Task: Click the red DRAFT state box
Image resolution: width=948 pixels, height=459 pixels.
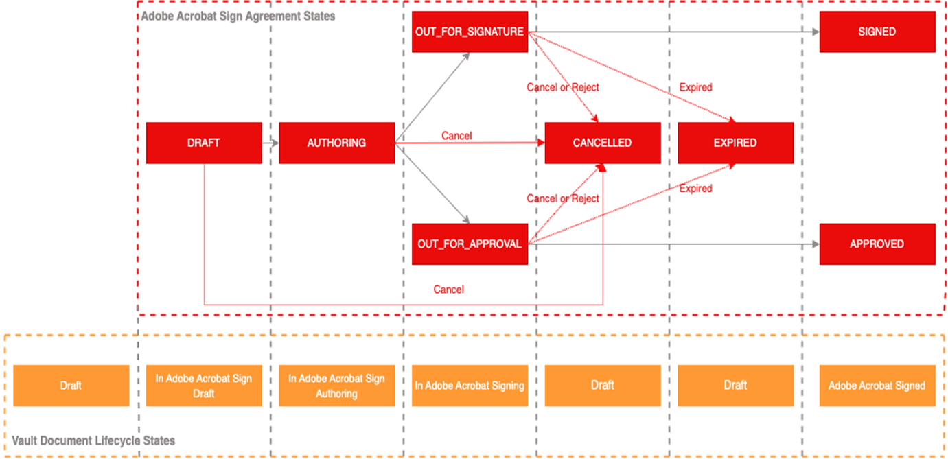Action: click(204, 143)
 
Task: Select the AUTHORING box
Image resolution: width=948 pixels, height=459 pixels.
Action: click(336, 143)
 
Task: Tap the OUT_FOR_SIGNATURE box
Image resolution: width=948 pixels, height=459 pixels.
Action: click(470, 32)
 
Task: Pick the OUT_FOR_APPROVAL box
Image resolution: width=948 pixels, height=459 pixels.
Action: click(470, 244)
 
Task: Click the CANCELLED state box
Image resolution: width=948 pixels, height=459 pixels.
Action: click(602, 143)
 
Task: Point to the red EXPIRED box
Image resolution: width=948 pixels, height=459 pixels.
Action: click(735, 143)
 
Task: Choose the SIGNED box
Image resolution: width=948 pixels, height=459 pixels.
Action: click(877, 32)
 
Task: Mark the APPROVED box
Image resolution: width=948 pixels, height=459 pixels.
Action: click(877, 244)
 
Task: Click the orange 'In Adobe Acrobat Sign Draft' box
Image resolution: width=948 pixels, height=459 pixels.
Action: click(204, 386)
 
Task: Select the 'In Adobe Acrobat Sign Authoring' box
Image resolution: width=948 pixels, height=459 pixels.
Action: click(336, 386)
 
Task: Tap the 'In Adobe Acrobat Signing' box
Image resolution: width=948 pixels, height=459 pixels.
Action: click(470, 386)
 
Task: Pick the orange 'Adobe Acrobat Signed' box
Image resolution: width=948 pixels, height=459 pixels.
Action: click(877, 386)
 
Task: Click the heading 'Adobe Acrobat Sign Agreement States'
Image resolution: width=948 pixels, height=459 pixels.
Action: click(238, 15)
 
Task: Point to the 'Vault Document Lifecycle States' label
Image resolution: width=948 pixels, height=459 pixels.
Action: click(94, 440)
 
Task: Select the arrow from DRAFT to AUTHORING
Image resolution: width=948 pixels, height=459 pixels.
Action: click(270, 143)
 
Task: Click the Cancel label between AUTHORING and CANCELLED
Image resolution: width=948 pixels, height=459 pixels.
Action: click(456, 136)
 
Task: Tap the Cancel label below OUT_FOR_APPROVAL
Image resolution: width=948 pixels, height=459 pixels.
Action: click(448, 290)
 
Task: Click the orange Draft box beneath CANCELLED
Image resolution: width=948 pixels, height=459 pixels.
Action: click(602, 386)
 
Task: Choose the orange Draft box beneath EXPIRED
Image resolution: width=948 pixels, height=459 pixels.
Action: click(735, 386)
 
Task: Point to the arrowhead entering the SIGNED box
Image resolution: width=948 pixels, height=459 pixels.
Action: click(815, 32)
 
